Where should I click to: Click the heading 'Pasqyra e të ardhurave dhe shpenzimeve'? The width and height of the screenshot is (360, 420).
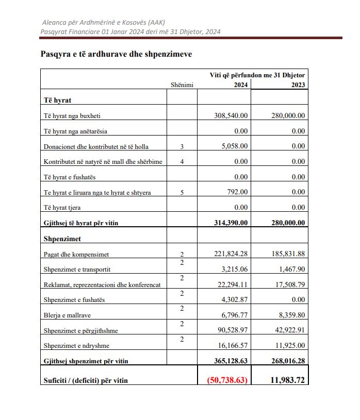[x=116, y=54]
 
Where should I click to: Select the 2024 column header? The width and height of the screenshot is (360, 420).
[x=239, y=85]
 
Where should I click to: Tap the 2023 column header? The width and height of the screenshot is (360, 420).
[x=298, y=85]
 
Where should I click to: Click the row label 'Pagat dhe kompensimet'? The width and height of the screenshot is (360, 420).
[x=77, y=254]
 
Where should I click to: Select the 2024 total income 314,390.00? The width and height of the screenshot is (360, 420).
[x=231, y=223]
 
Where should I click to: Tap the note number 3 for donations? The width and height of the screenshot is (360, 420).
[x=182, y=147]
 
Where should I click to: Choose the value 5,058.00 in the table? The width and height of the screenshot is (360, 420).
[x=235, y=146]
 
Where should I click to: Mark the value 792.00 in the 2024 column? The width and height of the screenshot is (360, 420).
[x=238, y=192]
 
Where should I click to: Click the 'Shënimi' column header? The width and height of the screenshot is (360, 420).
[x=182, y=86]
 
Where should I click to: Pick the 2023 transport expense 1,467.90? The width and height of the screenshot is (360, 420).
[x=290, y=270]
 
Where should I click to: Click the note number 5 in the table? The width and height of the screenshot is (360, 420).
[x=182, y=193]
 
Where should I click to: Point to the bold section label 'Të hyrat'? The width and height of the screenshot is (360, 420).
[x=58, y=100]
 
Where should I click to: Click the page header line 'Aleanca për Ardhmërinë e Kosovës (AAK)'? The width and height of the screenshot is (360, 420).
[x=106, y=23]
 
